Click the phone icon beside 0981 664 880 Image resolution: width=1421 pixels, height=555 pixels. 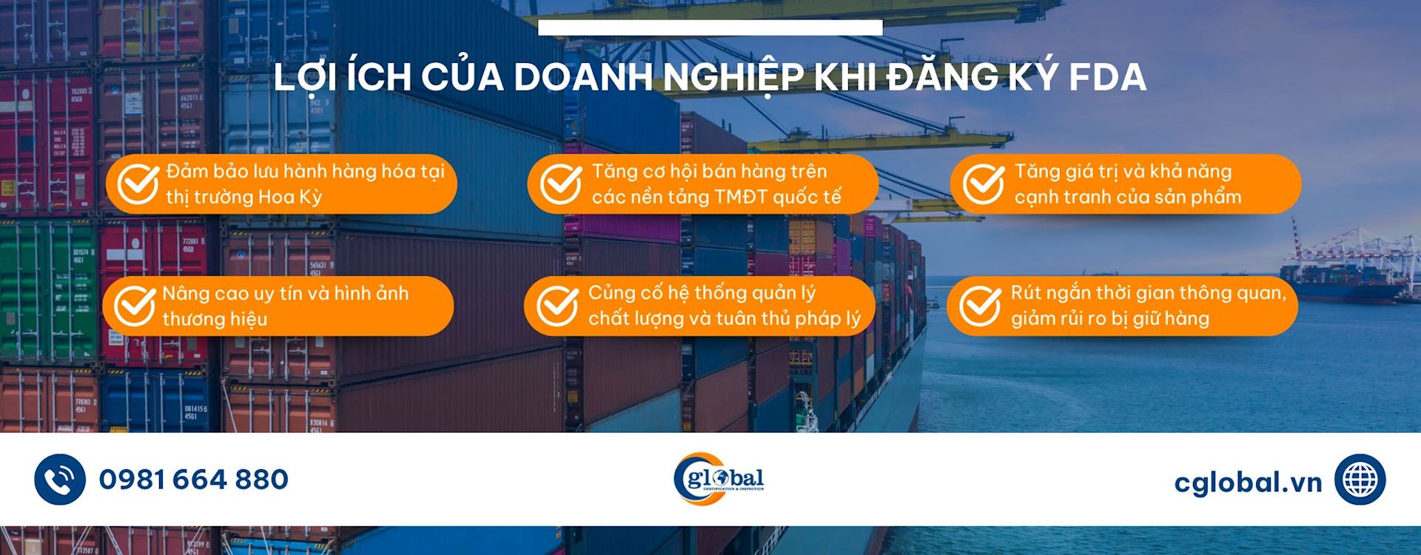point(60,480)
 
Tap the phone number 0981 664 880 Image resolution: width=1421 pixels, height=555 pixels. point(194,480)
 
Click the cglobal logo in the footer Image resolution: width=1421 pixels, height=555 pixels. point(718,480)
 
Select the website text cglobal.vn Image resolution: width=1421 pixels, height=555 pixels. point(1248,482)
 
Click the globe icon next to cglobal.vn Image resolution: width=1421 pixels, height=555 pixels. point(1360,480)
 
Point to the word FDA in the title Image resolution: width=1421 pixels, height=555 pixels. point(1107,77)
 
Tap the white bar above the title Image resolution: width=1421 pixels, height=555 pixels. point(710,27)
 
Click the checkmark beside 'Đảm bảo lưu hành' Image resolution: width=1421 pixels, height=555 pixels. point(138,184)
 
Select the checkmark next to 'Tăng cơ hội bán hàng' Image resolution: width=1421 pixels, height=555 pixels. point(560,184)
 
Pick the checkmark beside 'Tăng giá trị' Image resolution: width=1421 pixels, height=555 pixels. point(983,184)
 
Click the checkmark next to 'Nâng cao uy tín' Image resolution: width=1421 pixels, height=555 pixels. point(135,306)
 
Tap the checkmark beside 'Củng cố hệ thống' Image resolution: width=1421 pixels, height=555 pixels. point(557,306)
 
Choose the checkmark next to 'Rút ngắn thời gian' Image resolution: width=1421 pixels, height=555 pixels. point(980,306)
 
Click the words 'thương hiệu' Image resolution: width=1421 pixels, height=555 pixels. point(215,319)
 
